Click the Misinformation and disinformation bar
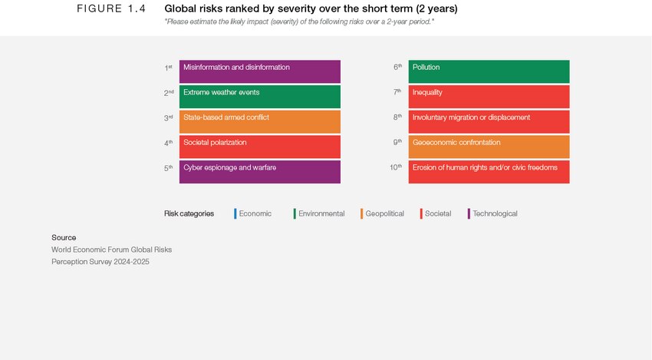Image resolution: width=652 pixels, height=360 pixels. click(x=259, y=71)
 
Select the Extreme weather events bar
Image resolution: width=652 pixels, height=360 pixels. click(x=259, y=96)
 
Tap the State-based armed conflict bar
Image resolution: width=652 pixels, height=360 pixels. click(x=259, y=121)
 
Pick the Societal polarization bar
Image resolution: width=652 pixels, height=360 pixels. click(x=259, y=147)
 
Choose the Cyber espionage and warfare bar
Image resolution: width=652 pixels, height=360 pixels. click(x=259, y=171)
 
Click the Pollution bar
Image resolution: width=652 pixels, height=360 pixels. click(x=489, y=71)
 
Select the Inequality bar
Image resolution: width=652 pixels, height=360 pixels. click(x=489, y=96)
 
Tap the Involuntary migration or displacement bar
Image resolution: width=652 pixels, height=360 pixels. click(x=489, y=121)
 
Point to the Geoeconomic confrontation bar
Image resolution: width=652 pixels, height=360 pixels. click(x=489, y=147)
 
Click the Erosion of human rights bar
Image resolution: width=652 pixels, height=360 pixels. click(x=489, y=171)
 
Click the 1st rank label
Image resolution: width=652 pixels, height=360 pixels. click(x=168, y=68)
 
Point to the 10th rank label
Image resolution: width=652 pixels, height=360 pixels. click(x=395, y=167)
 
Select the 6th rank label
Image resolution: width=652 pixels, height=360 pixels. click(x=397, y=68)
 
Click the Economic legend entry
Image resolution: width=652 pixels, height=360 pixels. click(x=254, y=213)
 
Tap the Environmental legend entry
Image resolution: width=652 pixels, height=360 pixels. click(x=320, y=213)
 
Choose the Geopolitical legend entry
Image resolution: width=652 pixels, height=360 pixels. click(x=384, y=213)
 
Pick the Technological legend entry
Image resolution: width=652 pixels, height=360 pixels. click(x=493, y=213)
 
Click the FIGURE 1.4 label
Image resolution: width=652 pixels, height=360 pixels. click(x=111, y=8)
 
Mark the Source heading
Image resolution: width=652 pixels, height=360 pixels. click(x=64, y=237)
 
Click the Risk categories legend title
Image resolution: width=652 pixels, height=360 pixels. click(x=189, y=213)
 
